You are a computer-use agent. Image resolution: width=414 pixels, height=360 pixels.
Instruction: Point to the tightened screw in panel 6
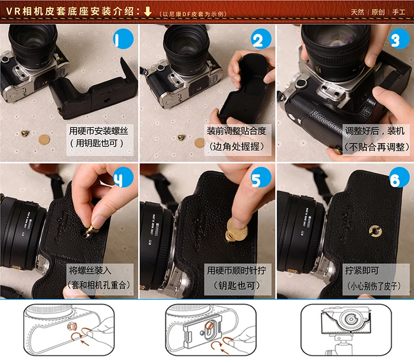pyautogui.click(x=375, y=230)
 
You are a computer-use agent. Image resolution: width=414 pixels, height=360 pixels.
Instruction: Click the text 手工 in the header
pyautogui.click(x=403, y=12)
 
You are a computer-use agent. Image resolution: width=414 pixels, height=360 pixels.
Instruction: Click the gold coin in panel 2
pyautogui.click(x=199, y=143)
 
